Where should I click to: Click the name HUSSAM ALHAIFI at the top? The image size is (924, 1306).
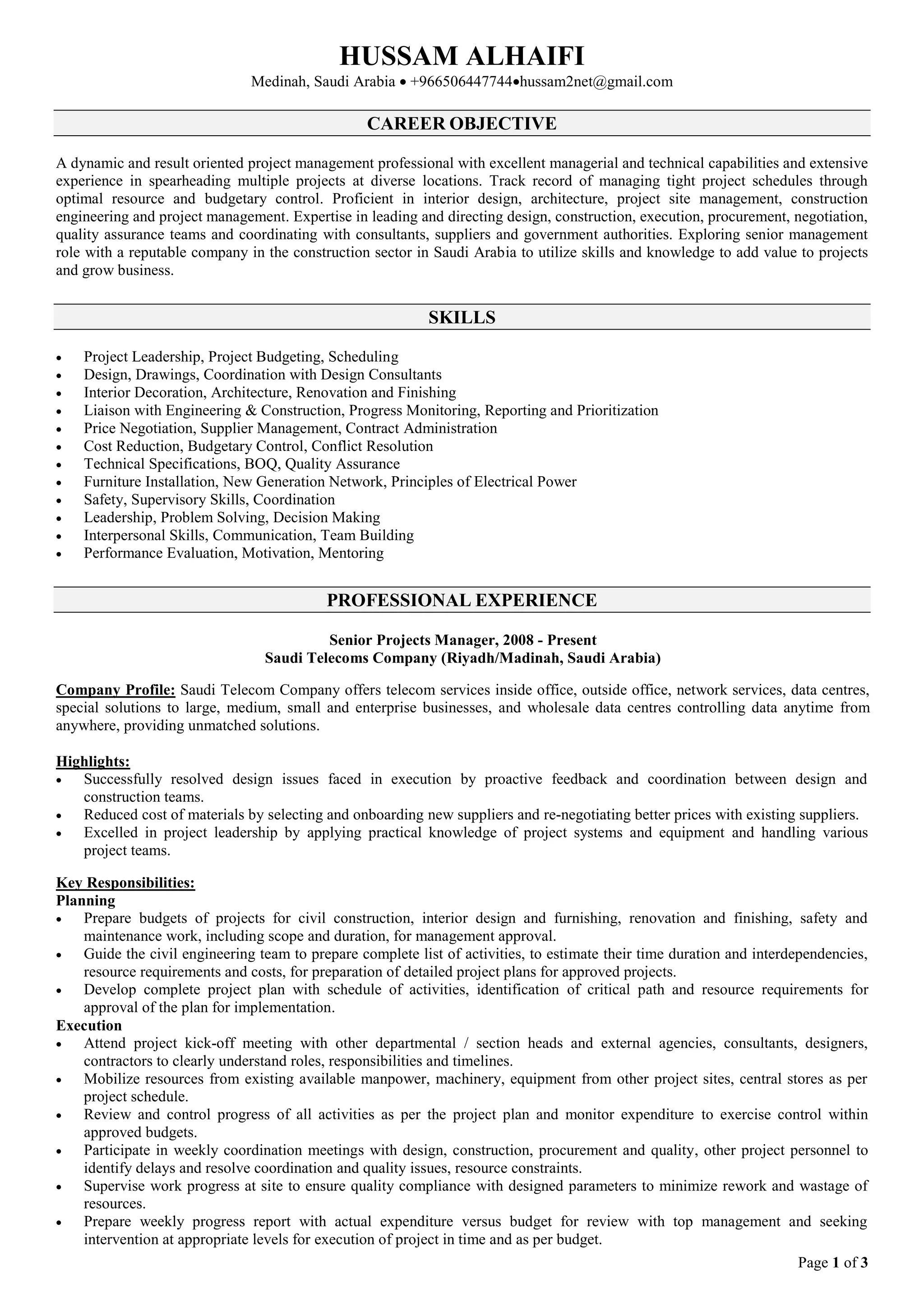point(462,56)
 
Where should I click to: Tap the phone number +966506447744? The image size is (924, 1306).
point(460,82)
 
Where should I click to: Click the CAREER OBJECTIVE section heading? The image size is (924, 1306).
point(462,124)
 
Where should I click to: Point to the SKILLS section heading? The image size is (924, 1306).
point(462,317)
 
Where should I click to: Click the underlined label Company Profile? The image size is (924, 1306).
point(115,690)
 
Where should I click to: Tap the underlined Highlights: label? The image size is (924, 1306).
point(93,761)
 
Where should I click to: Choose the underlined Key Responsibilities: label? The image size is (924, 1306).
point(125,883)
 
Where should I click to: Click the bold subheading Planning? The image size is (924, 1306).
point(85,901)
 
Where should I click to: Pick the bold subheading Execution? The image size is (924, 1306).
point(89,1025)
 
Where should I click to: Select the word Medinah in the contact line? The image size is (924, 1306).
point(279,82)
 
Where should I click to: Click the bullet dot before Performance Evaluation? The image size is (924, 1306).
point(59,555)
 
